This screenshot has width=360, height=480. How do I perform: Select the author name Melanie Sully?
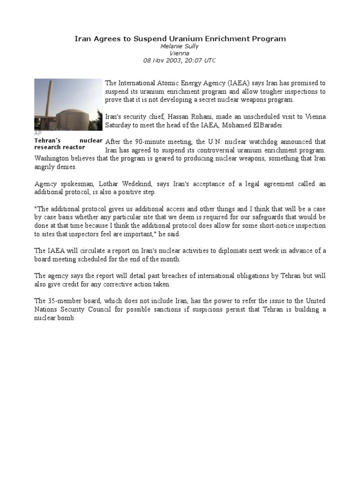pyautogui.click(x=180, y=46)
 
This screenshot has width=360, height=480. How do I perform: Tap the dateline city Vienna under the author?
pyautogui.click(x=180, y=53)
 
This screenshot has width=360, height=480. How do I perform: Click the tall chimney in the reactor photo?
pyautogui.click(x=51, y=103)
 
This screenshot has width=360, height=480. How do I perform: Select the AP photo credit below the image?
pyautogui.click(x=38, y=134)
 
